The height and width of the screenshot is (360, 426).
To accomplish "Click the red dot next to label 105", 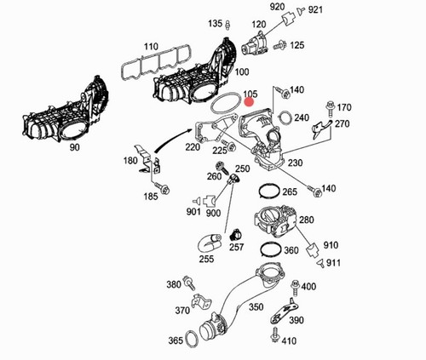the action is point(250,102).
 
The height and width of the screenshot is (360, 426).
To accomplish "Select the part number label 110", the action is point(151,47).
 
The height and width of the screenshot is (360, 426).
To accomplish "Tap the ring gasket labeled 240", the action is point(285,117).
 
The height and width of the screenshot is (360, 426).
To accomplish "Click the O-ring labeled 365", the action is point(192,340).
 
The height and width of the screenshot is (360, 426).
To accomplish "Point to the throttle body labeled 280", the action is point(275,220).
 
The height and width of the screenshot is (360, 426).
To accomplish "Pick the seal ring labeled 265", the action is point(269,191).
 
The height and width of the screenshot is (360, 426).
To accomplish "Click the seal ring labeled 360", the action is point(271,249).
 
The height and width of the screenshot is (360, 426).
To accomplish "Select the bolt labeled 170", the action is point(330,108).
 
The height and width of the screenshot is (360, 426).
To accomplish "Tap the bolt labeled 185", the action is point(162,187).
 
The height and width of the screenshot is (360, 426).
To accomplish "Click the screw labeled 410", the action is point(275,335).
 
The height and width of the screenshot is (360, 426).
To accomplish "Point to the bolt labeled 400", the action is point(296,289).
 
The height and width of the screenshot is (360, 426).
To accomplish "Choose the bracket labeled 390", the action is point(284,311).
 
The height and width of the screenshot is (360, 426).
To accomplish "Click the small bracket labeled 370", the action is point(202,301).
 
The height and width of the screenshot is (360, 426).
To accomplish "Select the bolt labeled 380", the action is point(190,283).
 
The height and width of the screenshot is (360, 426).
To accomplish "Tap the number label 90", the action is point(75,147).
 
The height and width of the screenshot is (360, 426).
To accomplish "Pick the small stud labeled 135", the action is point(227,25).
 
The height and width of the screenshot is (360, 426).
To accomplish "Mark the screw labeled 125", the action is point(279,45).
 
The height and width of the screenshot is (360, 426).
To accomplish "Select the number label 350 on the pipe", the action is point(256,306).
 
